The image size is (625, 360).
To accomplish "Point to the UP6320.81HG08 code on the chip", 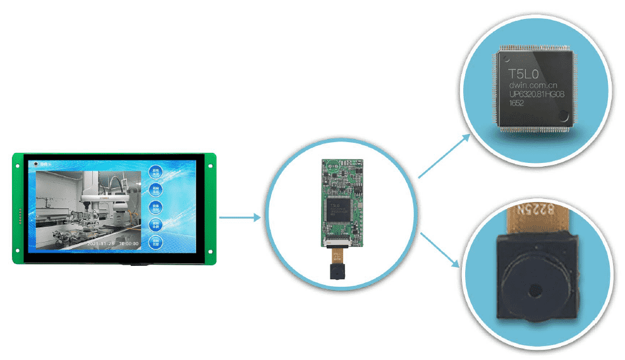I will [537, 94].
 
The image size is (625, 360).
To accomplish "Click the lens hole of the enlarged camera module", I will [535, 291].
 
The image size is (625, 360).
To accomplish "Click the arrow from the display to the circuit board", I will [240, 217].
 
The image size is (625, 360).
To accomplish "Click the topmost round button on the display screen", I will [155, 171].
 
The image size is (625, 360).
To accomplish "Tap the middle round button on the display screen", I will [155, 207].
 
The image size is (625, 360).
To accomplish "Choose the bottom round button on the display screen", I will [155, 241].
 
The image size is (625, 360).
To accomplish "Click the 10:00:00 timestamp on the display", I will [129, 243].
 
